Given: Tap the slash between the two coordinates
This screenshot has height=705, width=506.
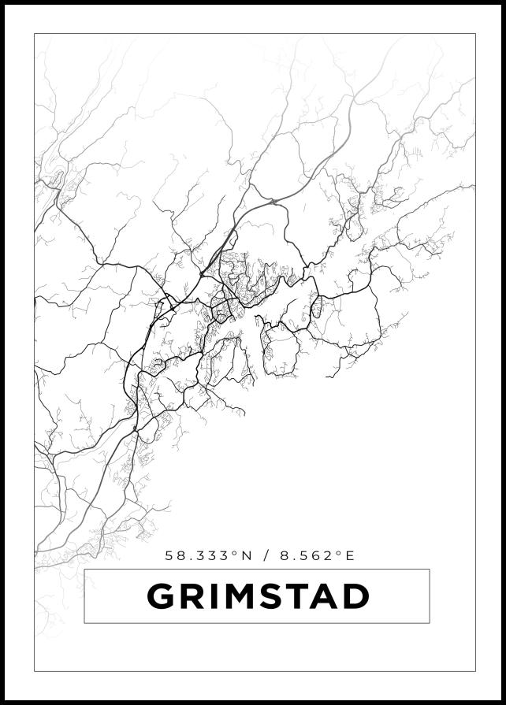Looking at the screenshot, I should [x=267, y=555].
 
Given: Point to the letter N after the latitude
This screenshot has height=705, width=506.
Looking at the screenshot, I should [x=247, y=555].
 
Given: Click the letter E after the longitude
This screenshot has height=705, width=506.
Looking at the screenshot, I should [x=351, y=555].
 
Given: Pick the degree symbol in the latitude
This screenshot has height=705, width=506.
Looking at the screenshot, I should [x=234, y=551].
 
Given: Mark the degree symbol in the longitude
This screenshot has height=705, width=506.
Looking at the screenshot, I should [x=340, y=551].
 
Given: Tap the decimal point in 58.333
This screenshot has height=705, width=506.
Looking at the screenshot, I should [x=185, y=559].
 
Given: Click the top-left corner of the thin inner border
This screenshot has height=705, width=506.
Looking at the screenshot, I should [x=34, y=33].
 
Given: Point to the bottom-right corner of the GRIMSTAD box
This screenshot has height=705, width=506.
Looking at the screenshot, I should [x=430, y=623].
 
